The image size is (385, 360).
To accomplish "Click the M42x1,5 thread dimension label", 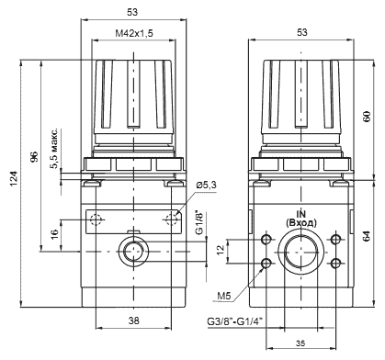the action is click(x=134, y=33).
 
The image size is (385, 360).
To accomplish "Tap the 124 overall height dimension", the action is click(x=14, y=178).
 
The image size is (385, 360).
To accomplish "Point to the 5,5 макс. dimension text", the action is click(x=54, y=149).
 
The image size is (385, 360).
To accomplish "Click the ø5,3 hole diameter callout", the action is click(x=206, y=185).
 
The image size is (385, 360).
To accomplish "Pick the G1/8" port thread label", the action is click(x=199, y=222).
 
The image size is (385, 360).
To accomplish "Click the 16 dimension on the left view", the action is click(x=54, y=234).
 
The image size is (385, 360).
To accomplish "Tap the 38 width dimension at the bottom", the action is click(x=134, y=321).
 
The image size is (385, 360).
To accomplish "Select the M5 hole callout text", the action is click(x=223, y=296).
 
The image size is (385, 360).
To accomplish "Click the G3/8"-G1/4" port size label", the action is click(x=235, y=321).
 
